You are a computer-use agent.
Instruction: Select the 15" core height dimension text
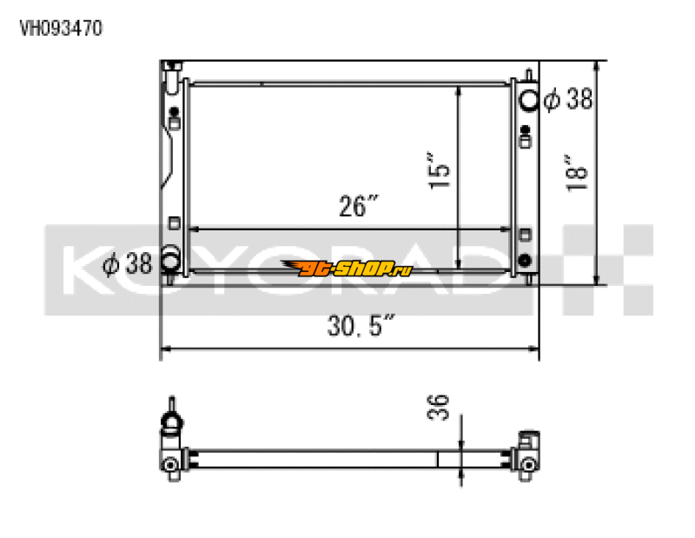440,171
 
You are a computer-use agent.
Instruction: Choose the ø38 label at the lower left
127,262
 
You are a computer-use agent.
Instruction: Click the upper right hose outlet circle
527,99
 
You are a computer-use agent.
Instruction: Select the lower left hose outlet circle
171,260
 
